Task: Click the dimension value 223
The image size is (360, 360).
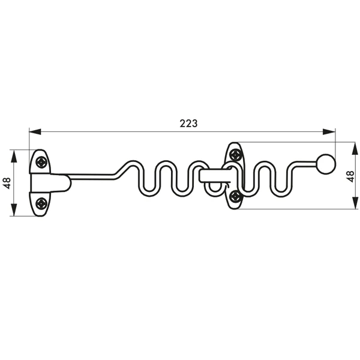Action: click(x=188, y=123)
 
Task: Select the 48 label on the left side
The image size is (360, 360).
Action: click(x=7, y=183)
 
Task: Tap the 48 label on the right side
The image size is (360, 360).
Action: click(x=351, y=175)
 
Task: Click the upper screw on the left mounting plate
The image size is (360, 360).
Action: click(x=40, y=161)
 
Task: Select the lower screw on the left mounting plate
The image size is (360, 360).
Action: click(x=40, y=203)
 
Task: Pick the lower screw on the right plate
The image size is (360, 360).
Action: click(x=236, y=196)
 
